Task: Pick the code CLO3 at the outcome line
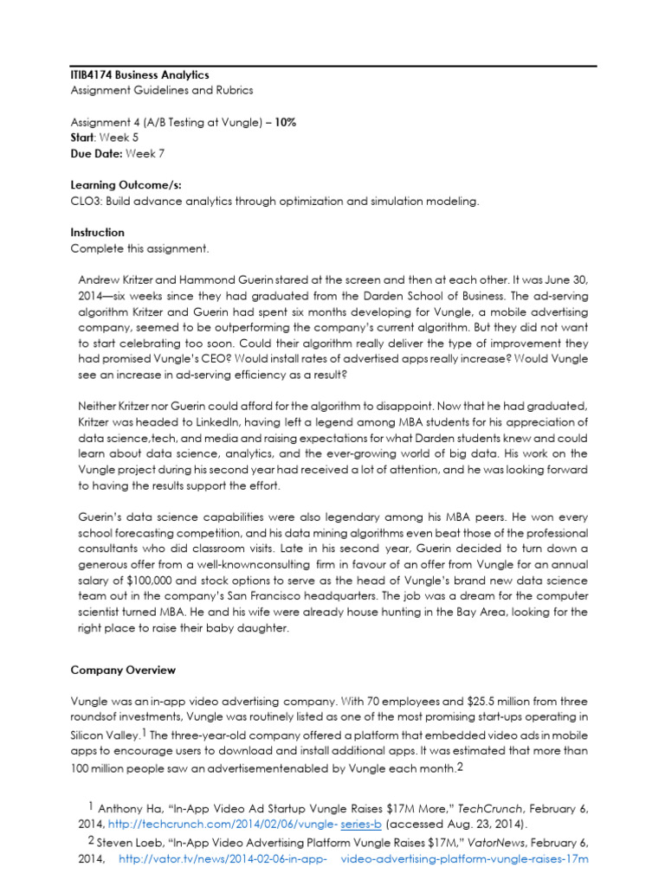(x=87, y=201)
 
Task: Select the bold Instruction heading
(x=97, y=233)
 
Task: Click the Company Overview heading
(x=123, y=671)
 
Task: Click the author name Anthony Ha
(x=129, y=808)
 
